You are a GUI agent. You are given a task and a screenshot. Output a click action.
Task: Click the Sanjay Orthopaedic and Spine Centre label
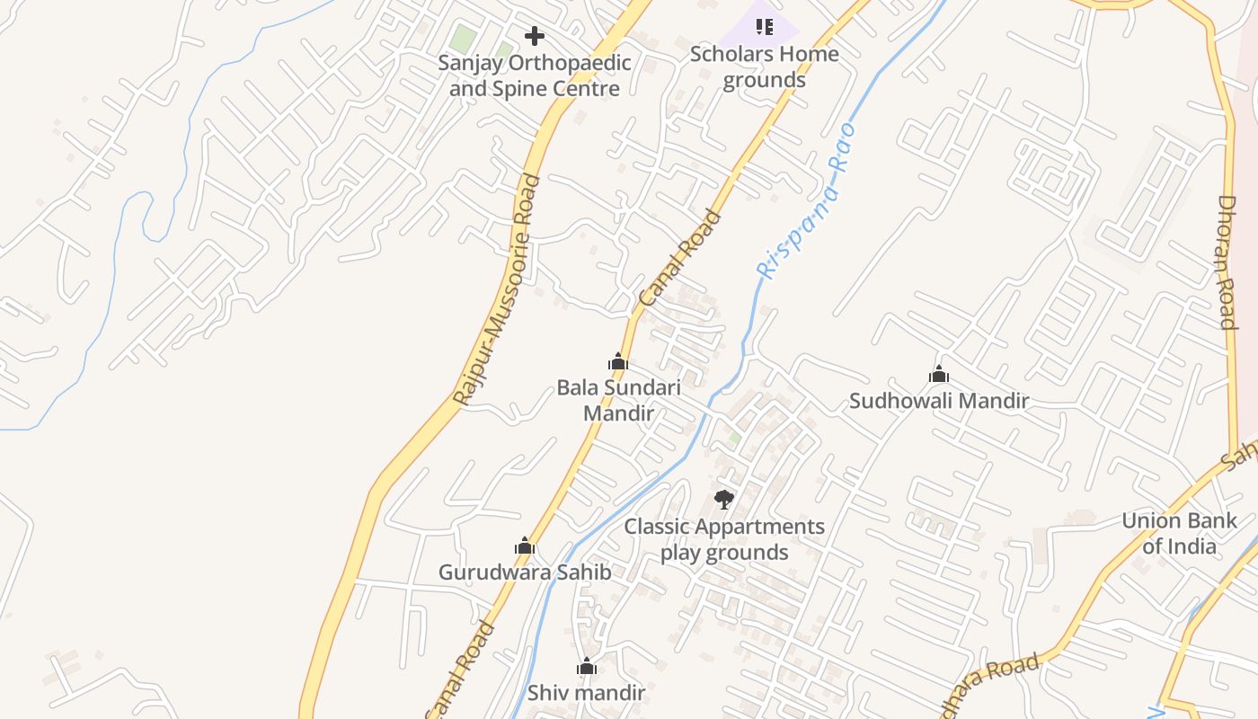click(x=535, y=76)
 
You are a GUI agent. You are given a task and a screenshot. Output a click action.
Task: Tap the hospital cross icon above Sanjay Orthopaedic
click(x=535, y=36)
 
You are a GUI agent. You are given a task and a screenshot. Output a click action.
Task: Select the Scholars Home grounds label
click(x=765, y=67)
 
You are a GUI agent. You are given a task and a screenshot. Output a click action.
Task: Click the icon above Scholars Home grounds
click(x=765, y=26)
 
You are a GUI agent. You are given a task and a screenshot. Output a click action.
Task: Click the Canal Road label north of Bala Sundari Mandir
click(x=680, y=257)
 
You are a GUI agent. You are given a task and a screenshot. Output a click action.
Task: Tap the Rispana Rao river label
click(x=806, y=201)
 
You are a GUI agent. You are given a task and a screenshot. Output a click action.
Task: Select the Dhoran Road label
click(x=1227, y=262)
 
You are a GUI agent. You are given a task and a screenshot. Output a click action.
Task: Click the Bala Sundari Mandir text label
click(x=618, y=400)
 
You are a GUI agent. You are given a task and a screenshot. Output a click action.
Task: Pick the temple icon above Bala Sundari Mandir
click(x=618, y=361)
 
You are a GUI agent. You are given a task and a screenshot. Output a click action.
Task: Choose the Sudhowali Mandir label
click(x=938, y=401)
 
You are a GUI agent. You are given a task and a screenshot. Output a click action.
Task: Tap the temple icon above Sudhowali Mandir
click(x=939, y=374)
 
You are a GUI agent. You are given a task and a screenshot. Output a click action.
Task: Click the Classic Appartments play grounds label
click(x=724, y=539)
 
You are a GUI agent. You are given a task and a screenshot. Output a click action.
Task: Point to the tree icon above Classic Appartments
click(x=724, y=499)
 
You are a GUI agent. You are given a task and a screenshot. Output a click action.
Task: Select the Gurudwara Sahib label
click(x=525, y=573)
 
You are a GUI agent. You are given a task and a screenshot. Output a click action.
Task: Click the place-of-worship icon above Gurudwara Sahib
click(x=525, y=546)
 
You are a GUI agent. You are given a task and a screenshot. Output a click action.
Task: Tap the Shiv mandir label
click(x=586, y=693)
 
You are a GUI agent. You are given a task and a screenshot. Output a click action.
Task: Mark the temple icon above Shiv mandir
click(x=587, y=666)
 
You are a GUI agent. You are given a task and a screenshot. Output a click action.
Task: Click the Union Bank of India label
click(x=1179, y=533)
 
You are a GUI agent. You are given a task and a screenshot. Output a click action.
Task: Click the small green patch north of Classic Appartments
click(x=734, y=439)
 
